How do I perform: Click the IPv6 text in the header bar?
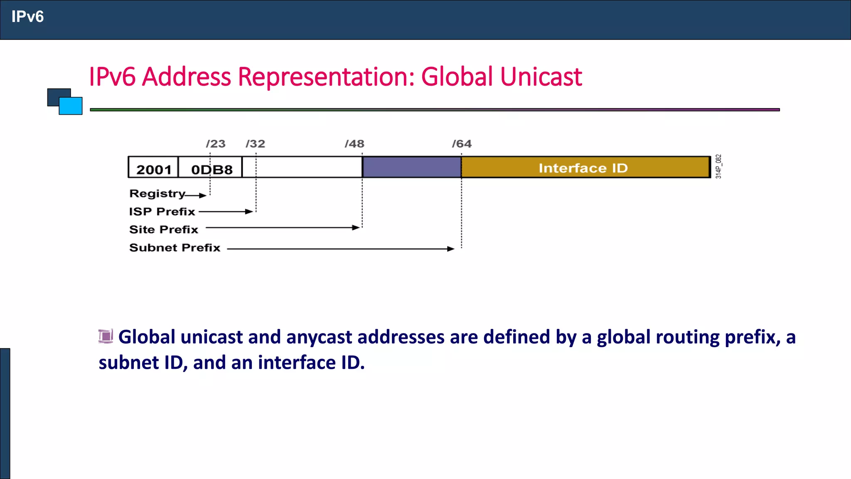click(27, 17)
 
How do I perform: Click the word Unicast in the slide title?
click(541, 77)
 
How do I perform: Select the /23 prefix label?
click(216, 144)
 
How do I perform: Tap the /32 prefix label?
click(255, 144)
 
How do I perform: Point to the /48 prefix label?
click(354, 144)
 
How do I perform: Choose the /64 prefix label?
click(462, 144)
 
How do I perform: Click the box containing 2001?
click(153, 168)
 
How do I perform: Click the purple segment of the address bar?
click(411, 167)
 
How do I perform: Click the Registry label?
click(157, 194)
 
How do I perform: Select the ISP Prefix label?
click(162, 212)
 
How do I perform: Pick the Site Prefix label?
click(164, 230)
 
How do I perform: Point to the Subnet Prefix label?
click(175, 248)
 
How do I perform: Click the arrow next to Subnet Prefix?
click(341, 249)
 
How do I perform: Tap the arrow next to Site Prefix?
click(283, 228)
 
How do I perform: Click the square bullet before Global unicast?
click(106, 336)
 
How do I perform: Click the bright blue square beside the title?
click(71, 106)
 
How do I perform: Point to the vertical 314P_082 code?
click(718, 166)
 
